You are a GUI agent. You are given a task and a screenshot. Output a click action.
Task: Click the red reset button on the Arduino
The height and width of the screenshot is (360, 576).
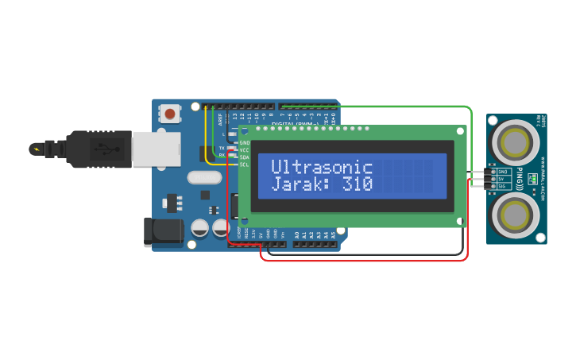168,114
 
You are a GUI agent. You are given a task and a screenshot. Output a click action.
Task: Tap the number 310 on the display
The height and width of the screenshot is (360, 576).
358,184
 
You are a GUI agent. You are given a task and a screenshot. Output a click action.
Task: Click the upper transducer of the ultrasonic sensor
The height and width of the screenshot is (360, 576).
515,143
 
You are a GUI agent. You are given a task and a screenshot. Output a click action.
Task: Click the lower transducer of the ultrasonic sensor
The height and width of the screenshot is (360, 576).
515,215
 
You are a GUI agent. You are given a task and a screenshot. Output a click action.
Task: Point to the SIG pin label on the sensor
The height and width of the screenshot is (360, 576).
502,186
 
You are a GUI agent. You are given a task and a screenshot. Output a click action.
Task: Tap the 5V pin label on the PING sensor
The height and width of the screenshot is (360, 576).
502,179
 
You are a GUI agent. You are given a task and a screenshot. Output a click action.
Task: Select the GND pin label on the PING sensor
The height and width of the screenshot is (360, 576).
502,172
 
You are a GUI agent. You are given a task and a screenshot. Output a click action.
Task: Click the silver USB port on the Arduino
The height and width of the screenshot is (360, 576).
156,149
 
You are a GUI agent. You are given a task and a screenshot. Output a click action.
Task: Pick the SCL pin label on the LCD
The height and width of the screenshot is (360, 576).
245,165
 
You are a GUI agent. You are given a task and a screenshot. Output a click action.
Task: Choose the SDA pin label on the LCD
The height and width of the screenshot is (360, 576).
245,157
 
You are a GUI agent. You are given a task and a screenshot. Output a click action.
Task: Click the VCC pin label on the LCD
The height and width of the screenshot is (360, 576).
245,150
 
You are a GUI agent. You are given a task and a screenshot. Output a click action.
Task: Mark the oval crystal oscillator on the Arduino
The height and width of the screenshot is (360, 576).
204,177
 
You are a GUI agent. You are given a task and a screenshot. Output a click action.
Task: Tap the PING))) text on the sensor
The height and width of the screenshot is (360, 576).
520,179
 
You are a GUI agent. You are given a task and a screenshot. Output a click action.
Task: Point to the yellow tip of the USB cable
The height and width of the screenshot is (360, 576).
36,149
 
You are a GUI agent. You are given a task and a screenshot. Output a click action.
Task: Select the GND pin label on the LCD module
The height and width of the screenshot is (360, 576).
245,143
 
